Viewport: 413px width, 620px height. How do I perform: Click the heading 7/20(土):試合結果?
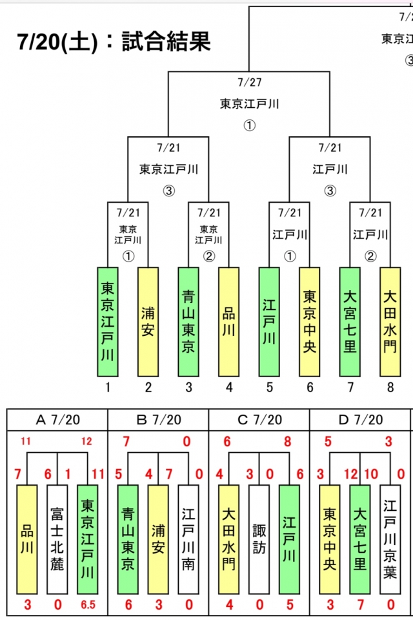(114, 42)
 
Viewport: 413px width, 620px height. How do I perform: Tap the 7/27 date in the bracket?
(249, 82)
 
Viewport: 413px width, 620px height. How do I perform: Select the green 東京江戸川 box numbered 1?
(108, 322)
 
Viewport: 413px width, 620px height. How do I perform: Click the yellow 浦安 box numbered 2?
(148, 322)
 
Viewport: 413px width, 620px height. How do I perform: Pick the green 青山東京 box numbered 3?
(188, 322)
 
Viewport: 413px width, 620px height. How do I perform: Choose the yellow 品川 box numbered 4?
(228, 322)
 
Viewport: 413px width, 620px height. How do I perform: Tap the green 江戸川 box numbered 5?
(269, 322)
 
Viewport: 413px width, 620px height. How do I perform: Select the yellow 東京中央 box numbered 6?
(309, 322)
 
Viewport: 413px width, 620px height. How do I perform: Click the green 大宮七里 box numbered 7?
(350, 322)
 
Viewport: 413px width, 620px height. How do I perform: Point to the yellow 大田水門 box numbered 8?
(390, 322)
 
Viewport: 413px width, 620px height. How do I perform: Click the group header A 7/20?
(57, 420)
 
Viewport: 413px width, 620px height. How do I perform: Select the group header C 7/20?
(259, 420)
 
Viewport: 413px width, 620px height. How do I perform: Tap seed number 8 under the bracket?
(390, 387)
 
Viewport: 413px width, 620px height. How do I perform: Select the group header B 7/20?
(158, 420)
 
